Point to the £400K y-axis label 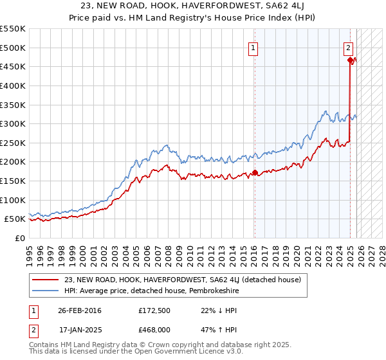(12, 85)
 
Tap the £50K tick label (15, 219)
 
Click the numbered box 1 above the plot (253, 48)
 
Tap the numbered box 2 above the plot (348, 48)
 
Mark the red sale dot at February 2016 (255, 172)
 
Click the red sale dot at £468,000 (351, 60)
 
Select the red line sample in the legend (46, 280)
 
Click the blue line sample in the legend (46, 291)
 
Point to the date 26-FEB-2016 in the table (80, 310)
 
